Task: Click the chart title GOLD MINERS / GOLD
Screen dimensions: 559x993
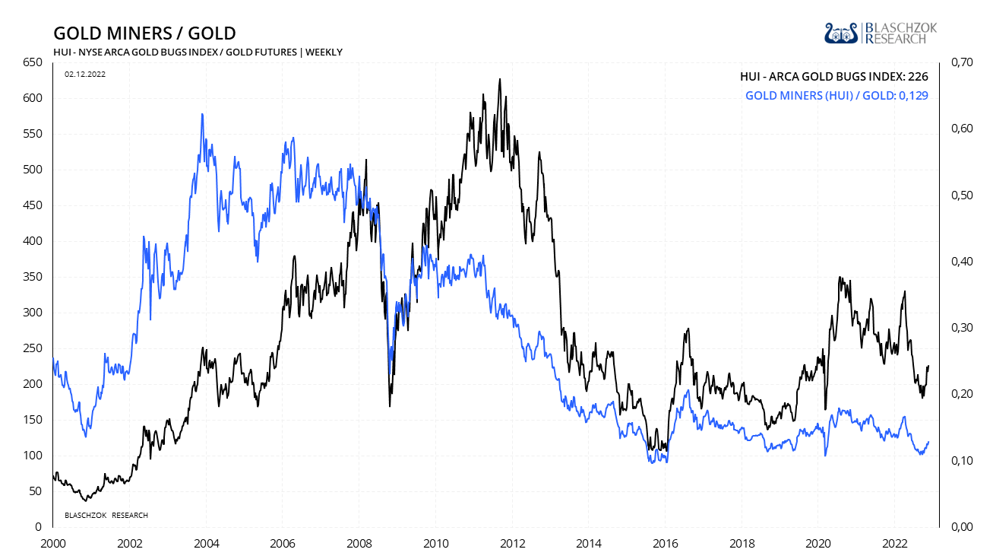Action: tap(144, 33)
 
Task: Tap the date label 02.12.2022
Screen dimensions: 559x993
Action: tap(84, 74)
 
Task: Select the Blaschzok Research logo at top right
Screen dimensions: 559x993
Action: tap(881, 33)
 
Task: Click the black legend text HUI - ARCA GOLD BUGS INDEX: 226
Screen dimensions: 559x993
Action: tap(834, 76)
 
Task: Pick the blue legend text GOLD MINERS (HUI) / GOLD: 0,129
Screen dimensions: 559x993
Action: tap(836, 96)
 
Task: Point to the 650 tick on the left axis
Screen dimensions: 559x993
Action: tap(33, 62)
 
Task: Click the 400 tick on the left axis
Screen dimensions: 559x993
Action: tap(33, 241)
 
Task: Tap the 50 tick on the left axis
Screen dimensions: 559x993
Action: tap(35, 491)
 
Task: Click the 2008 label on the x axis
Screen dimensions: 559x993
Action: tap(359, 544)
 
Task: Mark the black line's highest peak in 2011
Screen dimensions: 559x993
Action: tap(499, 79)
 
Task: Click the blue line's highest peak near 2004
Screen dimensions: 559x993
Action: tap(201, 114)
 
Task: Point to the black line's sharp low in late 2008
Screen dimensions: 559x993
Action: tap(390, 405)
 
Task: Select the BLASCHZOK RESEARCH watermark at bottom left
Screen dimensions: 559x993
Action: tap(106, 516)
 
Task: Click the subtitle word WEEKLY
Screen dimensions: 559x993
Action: tap(324, 52)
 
